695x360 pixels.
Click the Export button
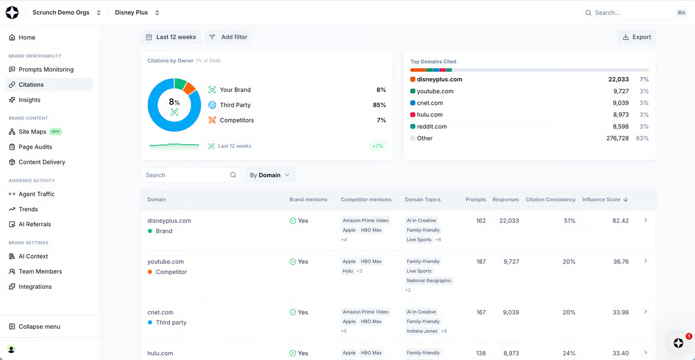coord(637,37)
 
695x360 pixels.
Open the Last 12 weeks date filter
coord(171,37)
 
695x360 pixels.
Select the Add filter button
coord(228,37)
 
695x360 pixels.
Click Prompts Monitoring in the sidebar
coord(46,69)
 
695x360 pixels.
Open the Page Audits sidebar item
coord(35,147)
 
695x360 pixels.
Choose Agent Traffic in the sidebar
coord(36,194)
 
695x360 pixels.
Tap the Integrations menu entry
coord(35,286)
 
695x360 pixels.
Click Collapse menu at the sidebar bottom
coord(39,326)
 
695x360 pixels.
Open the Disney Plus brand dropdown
coord(137,12)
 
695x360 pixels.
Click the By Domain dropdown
coord(270,175)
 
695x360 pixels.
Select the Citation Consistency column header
coord(550,200)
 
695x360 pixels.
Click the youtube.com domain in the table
coord(166,262)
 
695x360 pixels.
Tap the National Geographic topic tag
coord(429,281)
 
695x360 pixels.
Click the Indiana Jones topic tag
coord(422,331)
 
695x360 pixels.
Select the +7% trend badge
coord(378,146)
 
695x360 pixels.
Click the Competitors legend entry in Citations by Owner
coord(236,120)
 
